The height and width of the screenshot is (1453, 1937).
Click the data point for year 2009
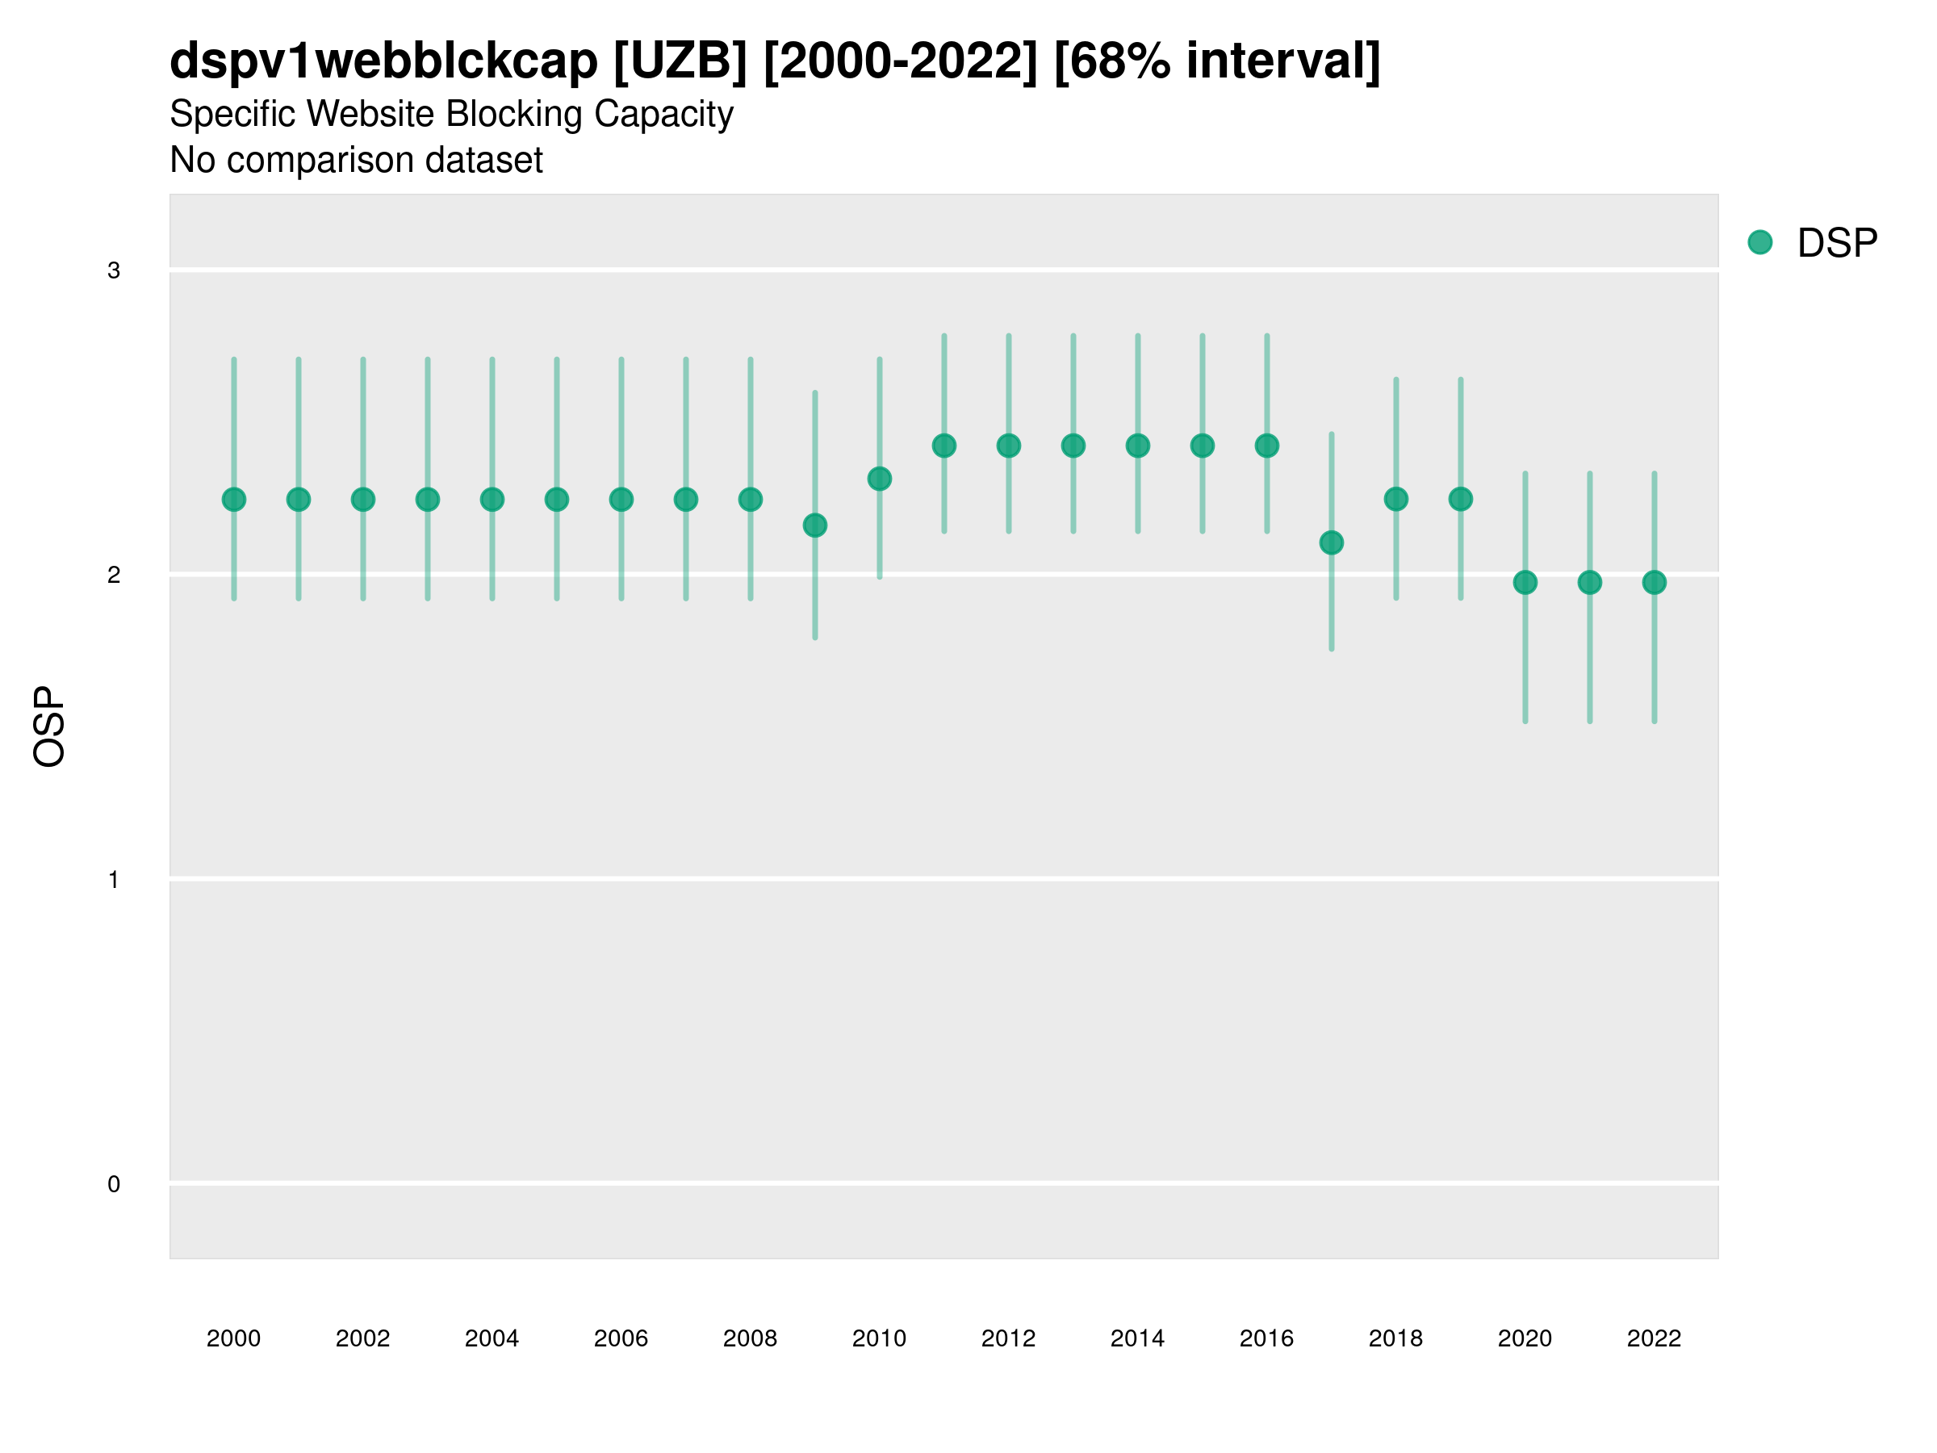click(x=814, y=526)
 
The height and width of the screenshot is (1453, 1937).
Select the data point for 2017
click(x=1331, y=543)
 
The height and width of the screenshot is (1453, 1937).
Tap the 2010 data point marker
click(x=879, y=479)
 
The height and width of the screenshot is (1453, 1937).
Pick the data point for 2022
click(x=1655, y=583)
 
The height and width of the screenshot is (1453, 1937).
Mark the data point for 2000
click(x=234, y=499)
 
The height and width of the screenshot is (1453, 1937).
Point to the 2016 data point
click(x=1267, y=446)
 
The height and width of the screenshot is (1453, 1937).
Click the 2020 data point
click(x=1525, y=583)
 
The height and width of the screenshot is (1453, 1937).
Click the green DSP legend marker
click(x=1760, y=243)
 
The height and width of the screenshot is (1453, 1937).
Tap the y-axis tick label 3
click(x=114, y=270)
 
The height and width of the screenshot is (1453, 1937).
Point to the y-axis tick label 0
click(x=114, y=1184)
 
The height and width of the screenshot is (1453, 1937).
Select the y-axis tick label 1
click(x=114, y=880)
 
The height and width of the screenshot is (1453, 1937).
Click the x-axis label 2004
click(x=492, y=1338)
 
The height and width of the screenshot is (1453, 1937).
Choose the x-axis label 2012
click(x=1009, y=1338)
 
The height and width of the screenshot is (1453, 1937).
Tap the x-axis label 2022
click(x=1655, y=1338)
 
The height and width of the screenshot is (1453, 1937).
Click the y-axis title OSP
click(x=49, y=727)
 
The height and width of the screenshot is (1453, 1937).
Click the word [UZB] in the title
click(x=680, y=61)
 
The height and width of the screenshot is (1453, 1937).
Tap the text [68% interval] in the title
click(x=1217, y=61)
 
